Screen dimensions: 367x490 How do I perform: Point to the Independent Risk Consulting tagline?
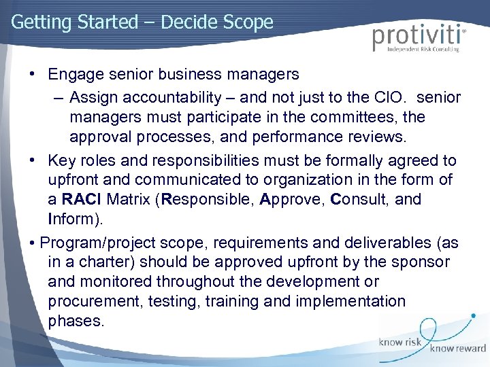pyautogui.click(x=423, y=50)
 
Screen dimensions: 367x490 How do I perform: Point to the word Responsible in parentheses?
pyautogui.click(x=197, y=200)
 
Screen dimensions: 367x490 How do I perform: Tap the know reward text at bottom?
pyautogui.click(x=457, y=348)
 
